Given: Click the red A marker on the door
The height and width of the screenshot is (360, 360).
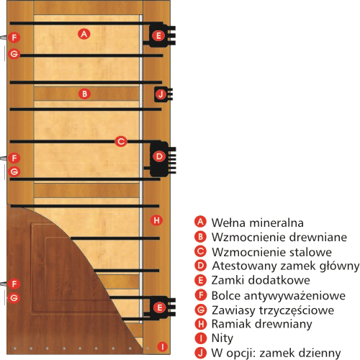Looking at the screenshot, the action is tap(84, 34).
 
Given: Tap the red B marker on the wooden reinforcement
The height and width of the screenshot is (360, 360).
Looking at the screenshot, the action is tap(84, 94).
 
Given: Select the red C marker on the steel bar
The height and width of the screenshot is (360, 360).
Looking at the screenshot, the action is tap(121, 141).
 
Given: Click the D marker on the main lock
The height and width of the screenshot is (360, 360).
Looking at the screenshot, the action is tap(159, 156).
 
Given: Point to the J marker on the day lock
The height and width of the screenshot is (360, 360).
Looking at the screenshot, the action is tap(161, 94).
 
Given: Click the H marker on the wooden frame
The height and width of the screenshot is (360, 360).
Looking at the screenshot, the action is tap(156, 220).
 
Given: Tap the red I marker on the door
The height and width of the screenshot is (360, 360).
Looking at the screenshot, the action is tap(163, 346).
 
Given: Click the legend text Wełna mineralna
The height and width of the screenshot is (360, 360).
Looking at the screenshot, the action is tap(258, 222).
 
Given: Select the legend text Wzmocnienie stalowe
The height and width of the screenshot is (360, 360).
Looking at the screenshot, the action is tap(271, 252).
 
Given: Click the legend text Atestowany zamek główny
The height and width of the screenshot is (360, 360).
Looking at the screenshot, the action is tap(286, 266).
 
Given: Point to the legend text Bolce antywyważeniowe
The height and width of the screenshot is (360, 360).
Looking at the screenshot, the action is tap(279, 296).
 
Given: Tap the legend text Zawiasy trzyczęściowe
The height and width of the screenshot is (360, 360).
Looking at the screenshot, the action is tap(273, 310).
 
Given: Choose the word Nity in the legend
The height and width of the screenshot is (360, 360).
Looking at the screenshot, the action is tap(222, 338).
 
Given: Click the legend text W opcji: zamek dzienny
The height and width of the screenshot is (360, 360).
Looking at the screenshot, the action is tap(276, 353).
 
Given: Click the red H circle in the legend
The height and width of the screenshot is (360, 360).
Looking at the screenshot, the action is tap(200, 324).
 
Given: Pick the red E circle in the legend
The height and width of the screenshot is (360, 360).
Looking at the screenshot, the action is tap(200, 280).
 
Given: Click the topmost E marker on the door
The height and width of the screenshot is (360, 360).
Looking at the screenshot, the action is tap(158, 36).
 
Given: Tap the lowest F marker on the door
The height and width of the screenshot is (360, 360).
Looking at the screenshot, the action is tap(14, 284).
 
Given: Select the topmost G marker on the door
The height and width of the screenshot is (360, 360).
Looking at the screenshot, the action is tap(14, 53).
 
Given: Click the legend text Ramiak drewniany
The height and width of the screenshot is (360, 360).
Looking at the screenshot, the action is tap(261, 324).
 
